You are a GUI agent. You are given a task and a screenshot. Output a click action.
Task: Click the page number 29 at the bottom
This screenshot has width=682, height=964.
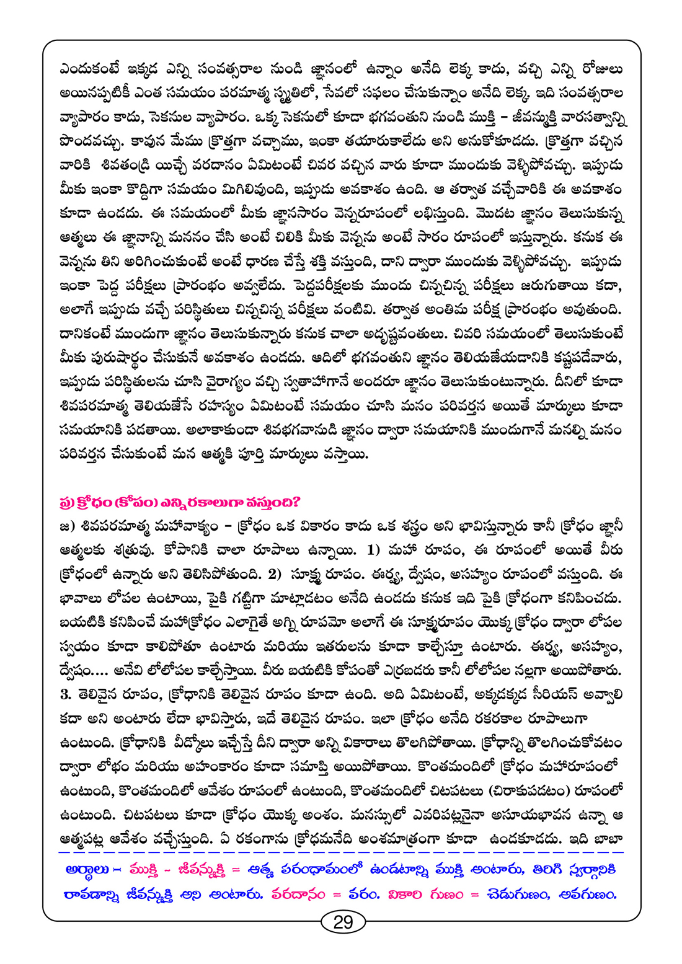(x=343, y=922)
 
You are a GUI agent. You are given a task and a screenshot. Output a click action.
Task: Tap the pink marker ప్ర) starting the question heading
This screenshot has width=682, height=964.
(x=68, y=501)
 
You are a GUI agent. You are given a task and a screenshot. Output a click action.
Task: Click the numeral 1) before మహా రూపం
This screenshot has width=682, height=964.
(x=374, y=551)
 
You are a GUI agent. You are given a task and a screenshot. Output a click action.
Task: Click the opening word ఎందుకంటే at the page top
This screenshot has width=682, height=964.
(x=89, y=69)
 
